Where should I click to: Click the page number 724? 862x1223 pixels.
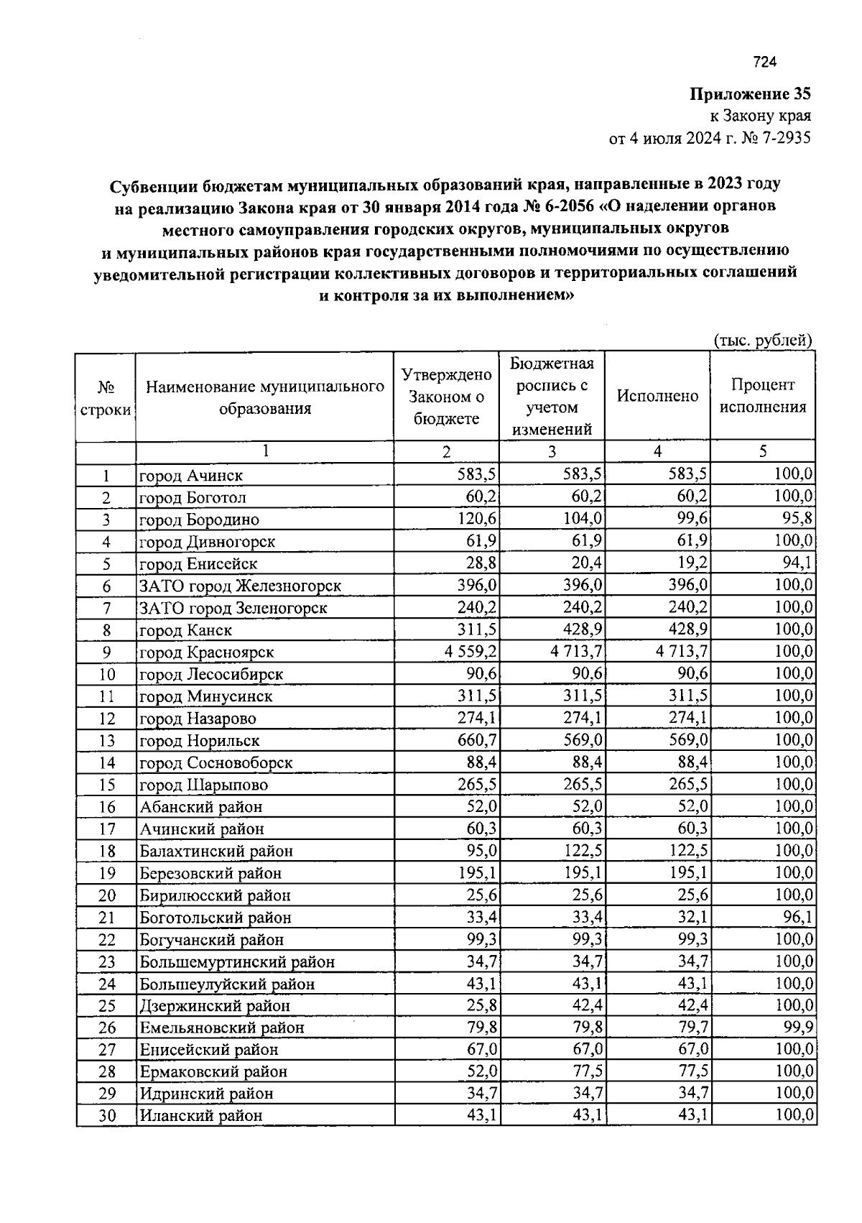tap(765, 63)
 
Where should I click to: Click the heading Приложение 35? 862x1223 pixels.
tap(751, 94)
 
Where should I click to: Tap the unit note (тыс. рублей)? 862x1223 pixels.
tap(762, 341)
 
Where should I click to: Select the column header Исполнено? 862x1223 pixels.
tap(657, 397)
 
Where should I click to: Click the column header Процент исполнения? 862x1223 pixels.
tap(763, 396)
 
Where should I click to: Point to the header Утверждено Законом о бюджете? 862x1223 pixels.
tap(446, 397)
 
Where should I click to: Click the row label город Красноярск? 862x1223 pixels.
tap(206, 652)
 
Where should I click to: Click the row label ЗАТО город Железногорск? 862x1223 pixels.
tap(240, 586)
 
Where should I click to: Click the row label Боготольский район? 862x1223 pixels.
tap(215, 918)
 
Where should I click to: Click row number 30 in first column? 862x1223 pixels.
tap(106, 1116)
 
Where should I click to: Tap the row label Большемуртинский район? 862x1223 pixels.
tap(237, 962)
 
